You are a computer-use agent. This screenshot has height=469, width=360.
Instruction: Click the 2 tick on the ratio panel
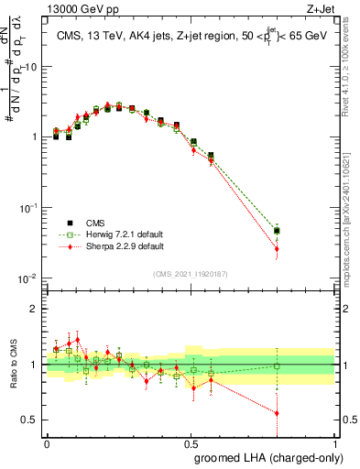(x=36, y=309)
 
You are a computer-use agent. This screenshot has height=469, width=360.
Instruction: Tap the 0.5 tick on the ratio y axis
(x=32, y=420)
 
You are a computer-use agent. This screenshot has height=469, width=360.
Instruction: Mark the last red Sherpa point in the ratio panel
(x=277, y=413)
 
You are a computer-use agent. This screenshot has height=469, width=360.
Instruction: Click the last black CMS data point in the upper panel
(x=277, y=231)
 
